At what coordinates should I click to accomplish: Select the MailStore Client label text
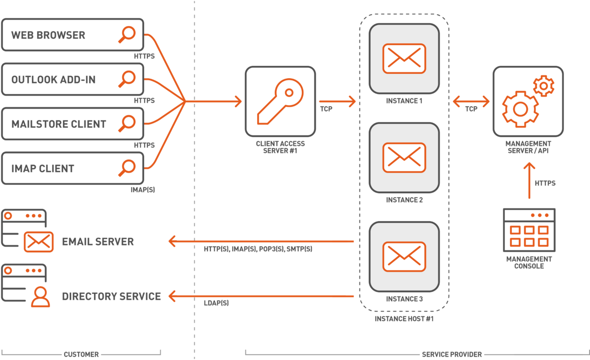[x=59, y=124]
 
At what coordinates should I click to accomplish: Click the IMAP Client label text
[x=43, y=169]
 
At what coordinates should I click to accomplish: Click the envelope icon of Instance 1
[x=404, y=59]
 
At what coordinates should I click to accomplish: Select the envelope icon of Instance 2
[x=404, y=157]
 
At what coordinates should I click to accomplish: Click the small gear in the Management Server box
[x=543, y=86]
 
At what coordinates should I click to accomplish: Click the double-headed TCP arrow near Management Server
[x=471, y=102]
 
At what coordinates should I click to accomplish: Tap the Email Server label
[x=98, y=241]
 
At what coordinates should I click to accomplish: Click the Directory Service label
[x=111, y=297]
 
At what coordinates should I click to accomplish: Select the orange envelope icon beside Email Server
[x=38, y=241]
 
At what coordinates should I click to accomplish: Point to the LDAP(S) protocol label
[x=216, y=304]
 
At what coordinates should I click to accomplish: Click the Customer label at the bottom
[x=81, y=354]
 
